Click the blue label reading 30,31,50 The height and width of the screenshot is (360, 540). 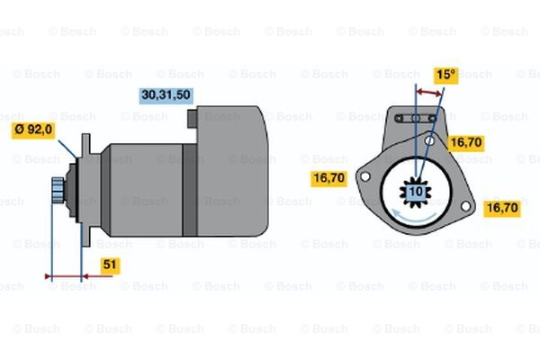coord(166,95)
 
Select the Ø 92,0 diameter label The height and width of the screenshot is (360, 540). coord(33,130)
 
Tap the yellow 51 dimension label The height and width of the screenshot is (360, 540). coord(110,265)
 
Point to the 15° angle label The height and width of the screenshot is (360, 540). coord(446,75)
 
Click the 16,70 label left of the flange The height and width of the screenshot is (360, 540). coord(328,178)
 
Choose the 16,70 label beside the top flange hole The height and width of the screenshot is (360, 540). coord(466,142)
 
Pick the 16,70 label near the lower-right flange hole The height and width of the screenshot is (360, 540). coord(502,209)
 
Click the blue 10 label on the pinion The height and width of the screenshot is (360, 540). coord(416,192)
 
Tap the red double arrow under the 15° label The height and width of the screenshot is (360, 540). coord(428,93)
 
